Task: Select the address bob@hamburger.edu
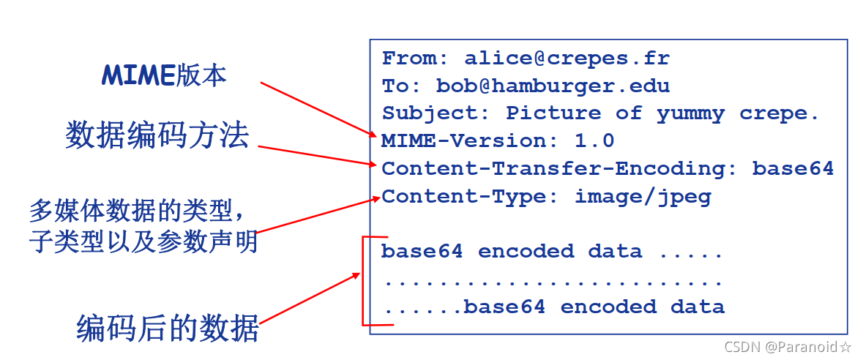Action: tap(553, 86)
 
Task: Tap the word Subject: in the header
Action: tap(436, 113)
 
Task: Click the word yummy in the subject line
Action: tap(690, 113)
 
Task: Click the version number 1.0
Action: tap(594, 140)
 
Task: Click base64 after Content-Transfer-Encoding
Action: tap(793, 168)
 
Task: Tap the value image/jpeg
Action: tap(642, 197)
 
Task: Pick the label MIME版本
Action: tap(164, 75)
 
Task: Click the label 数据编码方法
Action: tap(157, 136)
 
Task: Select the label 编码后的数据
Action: tap(168, 329)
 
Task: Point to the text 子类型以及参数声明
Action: tap(143, 241)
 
